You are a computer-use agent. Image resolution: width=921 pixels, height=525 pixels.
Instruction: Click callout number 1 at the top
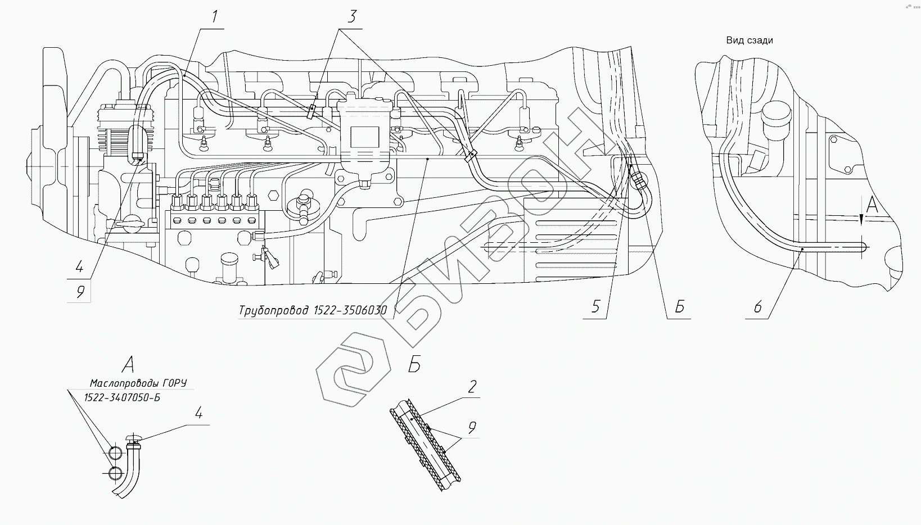215,17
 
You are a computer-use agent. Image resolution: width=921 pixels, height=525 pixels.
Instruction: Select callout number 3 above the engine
351,17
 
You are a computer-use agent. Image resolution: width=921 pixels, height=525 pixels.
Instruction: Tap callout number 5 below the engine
596,306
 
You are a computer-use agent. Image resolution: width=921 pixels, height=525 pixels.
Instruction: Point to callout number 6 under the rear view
758,306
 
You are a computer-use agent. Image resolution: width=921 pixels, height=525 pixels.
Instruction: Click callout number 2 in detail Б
472,386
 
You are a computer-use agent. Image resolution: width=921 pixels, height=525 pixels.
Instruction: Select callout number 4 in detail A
198,414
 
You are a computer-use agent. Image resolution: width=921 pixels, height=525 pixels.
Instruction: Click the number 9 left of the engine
80,292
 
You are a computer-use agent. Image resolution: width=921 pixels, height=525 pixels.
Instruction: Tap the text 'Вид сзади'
749,40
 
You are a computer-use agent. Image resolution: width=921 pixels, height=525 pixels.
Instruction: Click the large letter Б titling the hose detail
414,365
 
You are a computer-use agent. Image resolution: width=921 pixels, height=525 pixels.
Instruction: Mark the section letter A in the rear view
872,206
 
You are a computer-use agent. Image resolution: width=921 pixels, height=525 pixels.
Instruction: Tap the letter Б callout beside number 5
679,306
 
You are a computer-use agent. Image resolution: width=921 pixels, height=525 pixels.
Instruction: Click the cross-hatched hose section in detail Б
427,444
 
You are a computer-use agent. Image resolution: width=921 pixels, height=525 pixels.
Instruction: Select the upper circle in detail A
115,454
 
